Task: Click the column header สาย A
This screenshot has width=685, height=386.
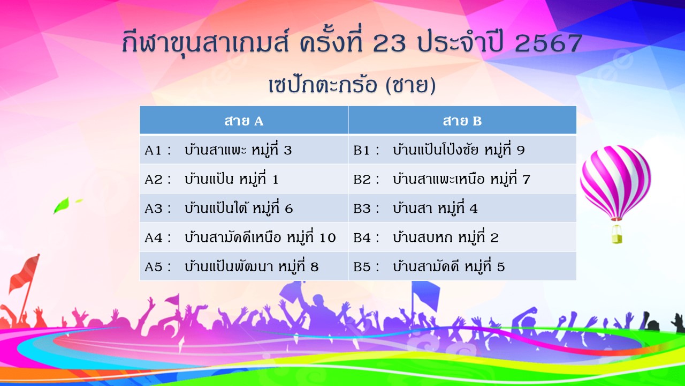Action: pyautogui.click(x=243, y=120)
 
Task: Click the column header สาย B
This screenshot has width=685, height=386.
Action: pyautogui.click(x=462, y=120)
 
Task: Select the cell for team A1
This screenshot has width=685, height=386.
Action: pyautogui.click(x=243, y=150)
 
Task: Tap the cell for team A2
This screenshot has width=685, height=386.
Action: pyautogui.click(x=243, y=179)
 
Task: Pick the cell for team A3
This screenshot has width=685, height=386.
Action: pyautogui.click(x=243, y=207)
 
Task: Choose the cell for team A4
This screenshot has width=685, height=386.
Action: pyautogui.click(x=243, y=237)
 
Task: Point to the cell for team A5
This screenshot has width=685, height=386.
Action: pyautogui.click(x=243, y=266)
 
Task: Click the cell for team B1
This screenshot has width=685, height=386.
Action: pyautogui.click(x=462, y=150)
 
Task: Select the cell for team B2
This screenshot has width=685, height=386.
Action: pyautogui.click(x=462, y=179)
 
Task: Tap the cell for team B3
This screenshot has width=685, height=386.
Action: pyautogui.click(x=462, y=207)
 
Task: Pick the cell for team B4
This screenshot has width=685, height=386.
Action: pyautogui.click(x=462, y=237)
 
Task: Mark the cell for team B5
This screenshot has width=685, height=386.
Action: pyautogui.click(x=462, y=266)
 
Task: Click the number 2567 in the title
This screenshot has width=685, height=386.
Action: pyautogui.click(x=549, y=43)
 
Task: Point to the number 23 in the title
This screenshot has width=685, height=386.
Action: pyautogui.click(x=390, y=43)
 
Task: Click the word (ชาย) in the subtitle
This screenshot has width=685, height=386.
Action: pyautogui.click(x=410, y=85)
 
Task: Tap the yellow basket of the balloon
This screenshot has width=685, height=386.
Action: pyautogui.click(x=616, y=234)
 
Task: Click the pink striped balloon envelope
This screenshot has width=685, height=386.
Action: pyautogui.click(x=615, y=182)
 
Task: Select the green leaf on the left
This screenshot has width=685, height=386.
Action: pyautogui.click(x=62, y=205)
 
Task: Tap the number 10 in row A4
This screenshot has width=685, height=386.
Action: pyautogui.click(x=328, y=237)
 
